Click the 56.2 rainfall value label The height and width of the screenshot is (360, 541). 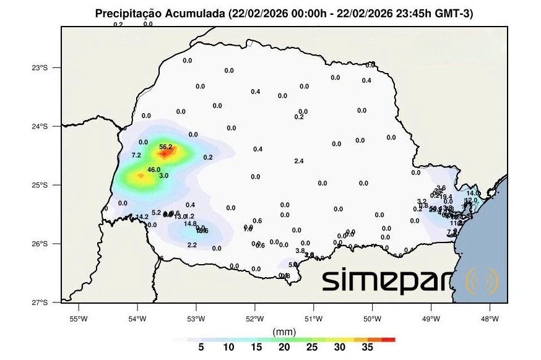[x=166, y=147]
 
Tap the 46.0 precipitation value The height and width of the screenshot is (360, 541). [x=154, y=169]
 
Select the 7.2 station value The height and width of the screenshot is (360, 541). [x=136, y=155]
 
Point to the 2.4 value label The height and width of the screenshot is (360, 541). [x=298, y=161]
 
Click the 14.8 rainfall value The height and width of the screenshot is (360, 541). [x=190, y=223]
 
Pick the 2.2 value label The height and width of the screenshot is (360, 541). [x=192, y=245]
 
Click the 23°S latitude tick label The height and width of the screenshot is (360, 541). [x=40, y=67]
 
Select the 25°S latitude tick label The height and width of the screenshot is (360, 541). [x=40, y=185]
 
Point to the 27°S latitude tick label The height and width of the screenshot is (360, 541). [x=40, y=302]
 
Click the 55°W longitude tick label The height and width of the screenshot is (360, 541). [x=77, y=319]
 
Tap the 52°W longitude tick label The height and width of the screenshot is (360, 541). [x=254, y=319]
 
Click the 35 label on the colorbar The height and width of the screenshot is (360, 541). [x=367, y=348]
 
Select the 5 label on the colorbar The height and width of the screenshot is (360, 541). [x=201, y=348]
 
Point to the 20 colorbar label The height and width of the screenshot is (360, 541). [x=284, y=348]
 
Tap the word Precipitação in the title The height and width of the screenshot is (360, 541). [x=129, y=14]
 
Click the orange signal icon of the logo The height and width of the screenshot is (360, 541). [x=482, y=281]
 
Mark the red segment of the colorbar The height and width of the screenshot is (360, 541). [x=388, y=340]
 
